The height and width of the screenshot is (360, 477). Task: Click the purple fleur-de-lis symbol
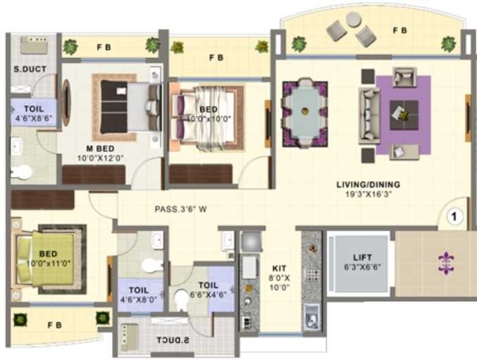(446, 263)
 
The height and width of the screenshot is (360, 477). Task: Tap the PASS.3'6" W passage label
(181, 209)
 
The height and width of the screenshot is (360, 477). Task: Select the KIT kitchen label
(278, 268)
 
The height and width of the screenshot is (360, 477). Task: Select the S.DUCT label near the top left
(27, 70)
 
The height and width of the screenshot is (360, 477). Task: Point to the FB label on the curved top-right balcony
(399, 30)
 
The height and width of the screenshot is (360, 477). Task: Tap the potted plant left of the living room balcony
(299, 44)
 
